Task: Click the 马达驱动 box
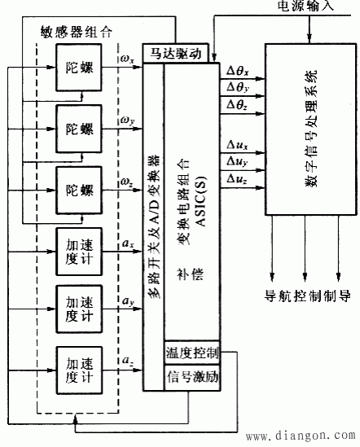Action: click(x=175, y=53)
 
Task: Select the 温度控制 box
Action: click(x=191, y=354)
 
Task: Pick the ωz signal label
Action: click(x=127, y=182)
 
